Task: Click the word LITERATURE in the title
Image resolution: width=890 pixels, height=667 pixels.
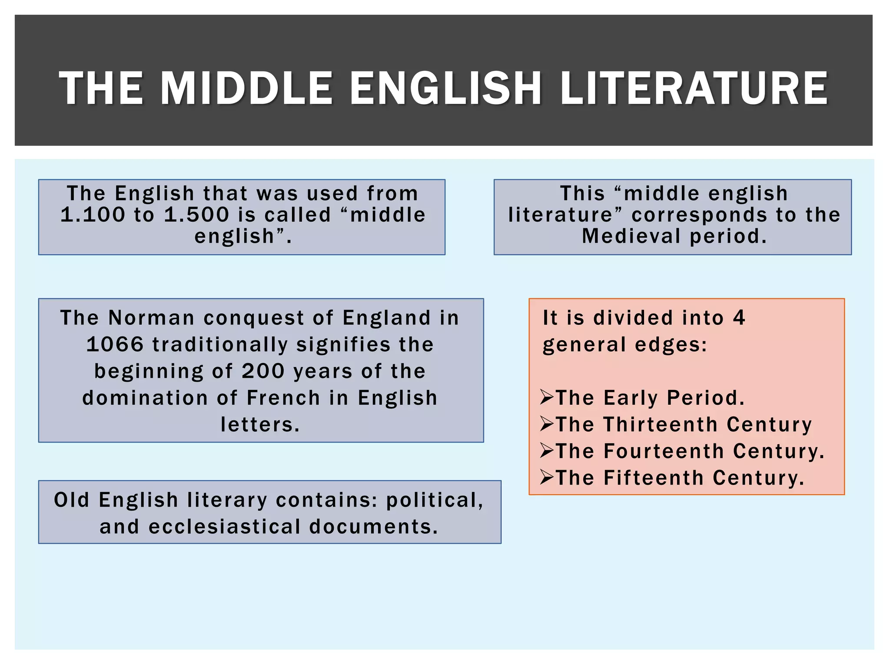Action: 694,89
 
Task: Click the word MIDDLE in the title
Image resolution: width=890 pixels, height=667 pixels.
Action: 246,89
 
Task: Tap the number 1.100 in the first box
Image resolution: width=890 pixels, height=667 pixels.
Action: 93,215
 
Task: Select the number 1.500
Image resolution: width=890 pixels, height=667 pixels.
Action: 196,215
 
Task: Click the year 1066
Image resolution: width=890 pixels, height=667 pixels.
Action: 115,345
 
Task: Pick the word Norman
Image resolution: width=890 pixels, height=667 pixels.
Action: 151,318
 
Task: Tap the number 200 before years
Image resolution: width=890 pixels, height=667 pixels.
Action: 263,371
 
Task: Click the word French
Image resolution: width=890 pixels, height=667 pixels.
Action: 283,398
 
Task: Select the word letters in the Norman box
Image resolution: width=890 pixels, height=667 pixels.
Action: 260,425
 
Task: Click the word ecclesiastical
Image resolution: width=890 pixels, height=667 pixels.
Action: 225,527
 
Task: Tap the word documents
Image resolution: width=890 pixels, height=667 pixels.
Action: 374,527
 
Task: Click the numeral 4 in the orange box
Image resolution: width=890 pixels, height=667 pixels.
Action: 739,318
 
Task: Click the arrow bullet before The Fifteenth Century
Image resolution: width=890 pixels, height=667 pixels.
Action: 547,477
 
